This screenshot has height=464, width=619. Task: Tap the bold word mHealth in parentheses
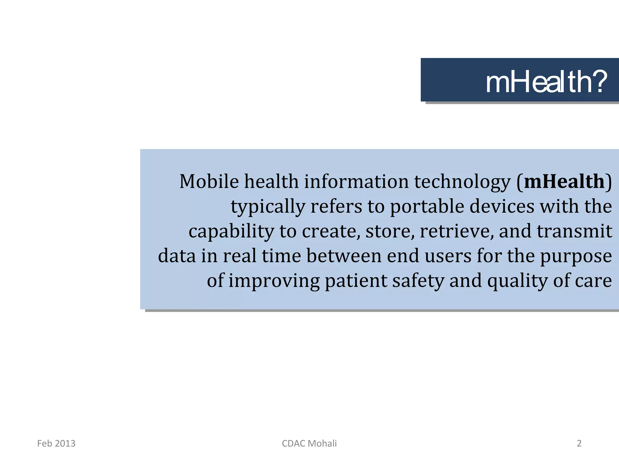(564, 182)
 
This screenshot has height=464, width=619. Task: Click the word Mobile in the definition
(209, 182)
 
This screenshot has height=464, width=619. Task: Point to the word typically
(268, 207)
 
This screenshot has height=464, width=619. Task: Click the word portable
(427, 207)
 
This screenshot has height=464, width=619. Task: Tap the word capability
(231, 232)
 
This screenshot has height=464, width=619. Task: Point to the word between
(344, 256)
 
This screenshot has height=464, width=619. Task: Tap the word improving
(274, 281)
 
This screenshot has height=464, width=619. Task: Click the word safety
(418, 281)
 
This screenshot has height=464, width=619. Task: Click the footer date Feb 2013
(56, 443)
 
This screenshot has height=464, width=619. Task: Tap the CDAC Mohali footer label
(309, 443)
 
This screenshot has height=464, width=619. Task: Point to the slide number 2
(579, 443)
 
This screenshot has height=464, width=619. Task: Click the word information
(356, 182)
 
